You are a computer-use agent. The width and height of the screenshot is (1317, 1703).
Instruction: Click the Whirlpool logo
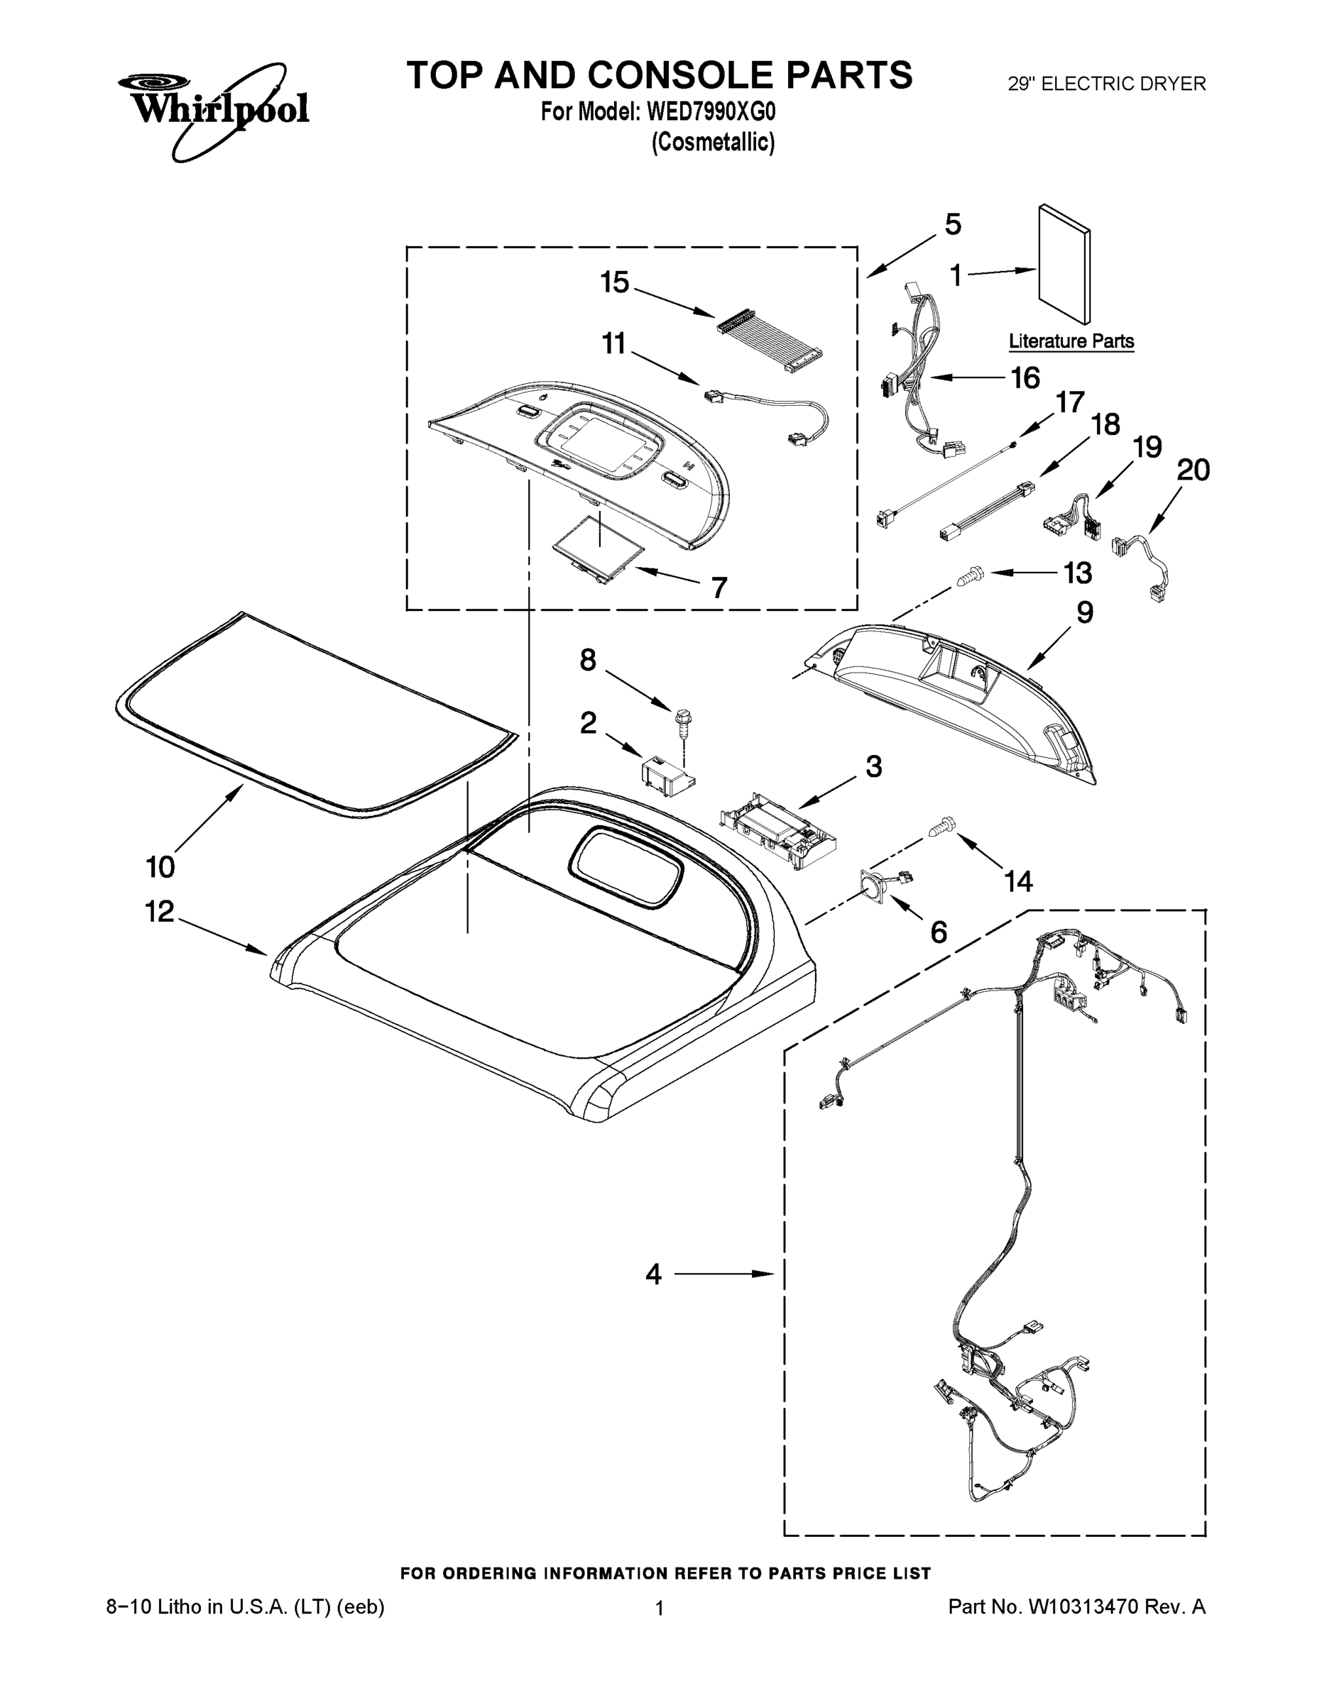click(212, 105)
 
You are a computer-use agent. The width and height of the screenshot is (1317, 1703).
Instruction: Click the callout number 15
click(615, 282)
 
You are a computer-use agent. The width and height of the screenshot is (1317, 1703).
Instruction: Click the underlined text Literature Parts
click(1071, 341)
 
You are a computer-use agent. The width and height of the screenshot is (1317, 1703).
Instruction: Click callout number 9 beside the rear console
click(1085, 612)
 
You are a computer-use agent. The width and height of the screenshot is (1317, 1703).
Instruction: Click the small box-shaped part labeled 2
click(665, 775)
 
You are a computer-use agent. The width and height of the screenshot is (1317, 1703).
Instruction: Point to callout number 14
click(1018, 881)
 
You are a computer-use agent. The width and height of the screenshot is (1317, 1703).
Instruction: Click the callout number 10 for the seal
click(160, 866)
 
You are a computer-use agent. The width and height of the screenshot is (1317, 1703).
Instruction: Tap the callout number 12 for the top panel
click(159, 912)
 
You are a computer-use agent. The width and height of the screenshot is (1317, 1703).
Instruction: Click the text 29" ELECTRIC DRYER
click(1106, 84)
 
